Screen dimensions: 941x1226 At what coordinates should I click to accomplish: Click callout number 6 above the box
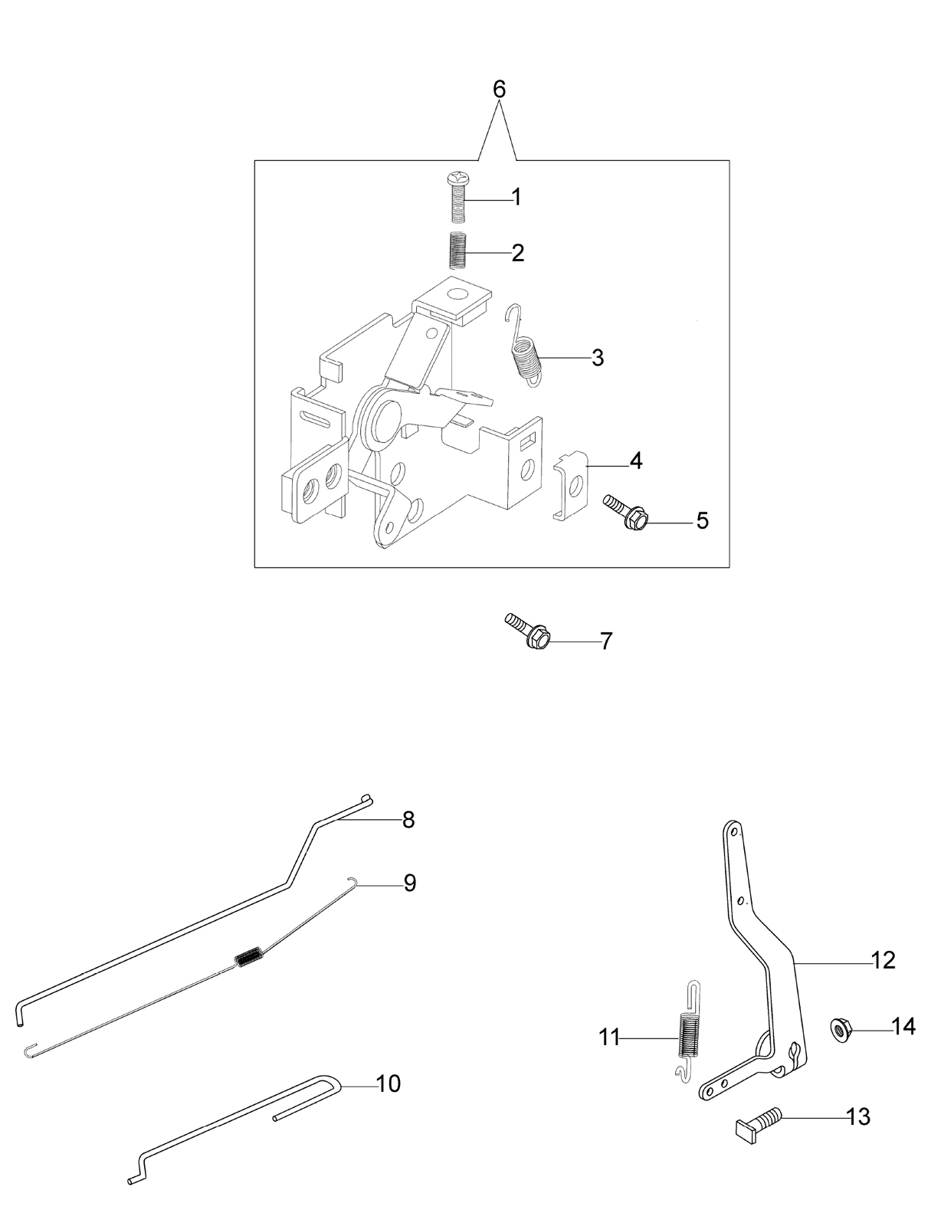[500, 89]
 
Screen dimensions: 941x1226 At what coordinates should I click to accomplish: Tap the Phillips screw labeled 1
[455, 198]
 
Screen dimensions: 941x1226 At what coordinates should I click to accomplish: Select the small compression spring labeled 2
[457, 250]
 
